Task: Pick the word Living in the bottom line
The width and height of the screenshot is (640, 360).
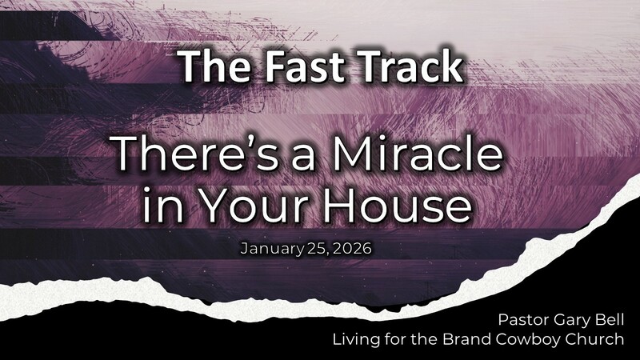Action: coord(358,340)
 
